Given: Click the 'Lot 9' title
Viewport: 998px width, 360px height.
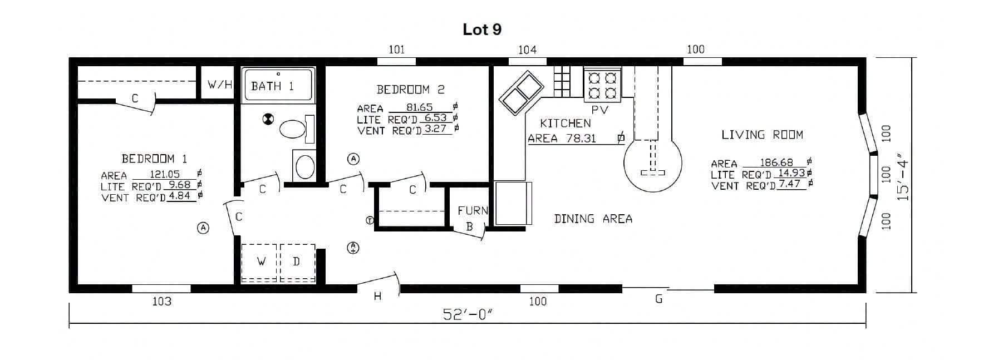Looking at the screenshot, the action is click(482, 29).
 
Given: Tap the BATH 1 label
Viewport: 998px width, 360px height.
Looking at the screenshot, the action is click(272, 86).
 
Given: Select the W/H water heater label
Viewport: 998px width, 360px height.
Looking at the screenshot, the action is click(220, 85).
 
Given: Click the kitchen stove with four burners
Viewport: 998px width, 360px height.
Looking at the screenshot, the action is click(602, 85).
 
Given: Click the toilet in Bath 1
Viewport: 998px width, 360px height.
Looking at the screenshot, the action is click(296, 129).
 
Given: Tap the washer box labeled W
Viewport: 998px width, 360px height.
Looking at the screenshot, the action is click(259, 262).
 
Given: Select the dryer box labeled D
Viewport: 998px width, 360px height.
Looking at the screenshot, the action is click(297, 262).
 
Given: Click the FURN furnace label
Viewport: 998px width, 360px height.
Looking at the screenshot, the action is click(473, 211).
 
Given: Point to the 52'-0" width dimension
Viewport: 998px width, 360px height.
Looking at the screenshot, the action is click(468, 314).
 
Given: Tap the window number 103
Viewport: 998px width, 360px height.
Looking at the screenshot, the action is click(161, 302).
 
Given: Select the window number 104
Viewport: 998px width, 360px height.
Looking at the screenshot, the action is click(527, 50).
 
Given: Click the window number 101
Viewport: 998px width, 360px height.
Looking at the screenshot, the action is click(396, 50).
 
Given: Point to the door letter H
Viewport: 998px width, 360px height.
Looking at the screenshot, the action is click(377, 297).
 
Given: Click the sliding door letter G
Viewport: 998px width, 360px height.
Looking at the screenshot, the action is click(659, 299).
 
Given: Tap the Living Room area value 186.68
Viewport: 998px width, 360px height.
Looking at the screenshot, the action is click(776, 162).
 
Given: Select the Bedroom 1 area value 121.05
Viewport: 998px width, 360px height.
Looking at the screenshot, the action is click(165, 174).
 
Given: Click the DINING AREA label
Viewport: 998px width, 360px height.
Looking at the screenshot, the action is click(593, 219).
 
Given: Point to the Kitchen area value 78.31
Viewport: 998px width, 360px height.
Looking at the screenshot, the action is click(581, 139).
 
